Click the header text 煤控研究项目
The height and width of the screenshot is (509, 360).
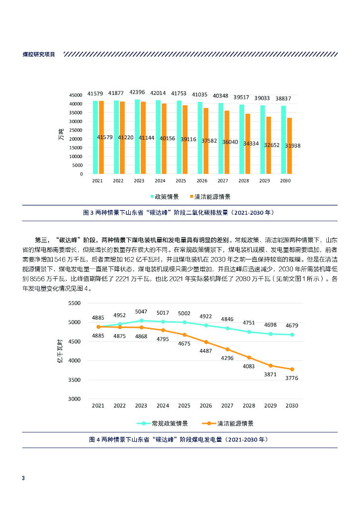pos(39,54)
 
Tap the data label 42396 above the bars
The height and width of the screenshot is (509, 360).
pos(137,92)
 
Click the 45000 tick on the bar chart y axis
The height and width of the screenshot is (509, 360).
pos(76,95)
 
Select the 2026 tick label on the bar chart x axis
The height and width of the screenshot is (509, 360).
pos(202,181)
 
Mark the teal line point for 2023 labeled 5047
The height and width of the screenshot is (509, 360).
pos(141,321)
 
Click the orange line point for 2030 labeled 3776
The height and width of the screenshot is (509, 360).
pos(292,369)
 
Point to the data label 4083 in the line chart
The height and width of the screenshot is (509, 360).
pos(249,366)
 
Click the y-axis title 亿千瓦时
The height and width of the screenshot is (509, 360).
pos(60,351)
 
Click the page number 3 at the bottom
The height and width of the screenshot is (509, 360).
pos(23,478)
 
